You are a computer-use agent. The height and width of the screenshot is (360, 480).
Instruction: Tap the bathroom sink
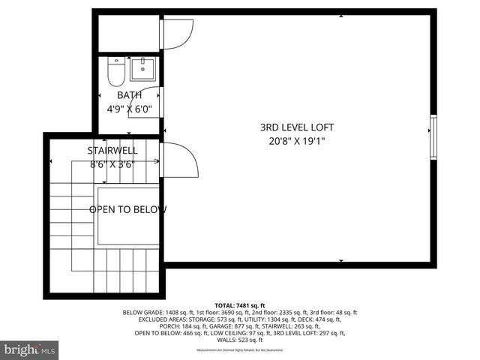[x=142, y=70]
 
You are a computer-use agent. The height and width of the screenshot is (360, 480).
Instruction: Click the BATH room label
[x=129, y=95]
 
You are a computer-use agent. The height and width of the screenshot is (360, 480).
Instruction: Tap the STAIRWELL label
[x=112, y=151]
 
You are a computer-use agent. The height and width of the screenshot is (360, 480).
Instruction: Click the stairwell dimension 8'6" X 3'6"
[x=112, y=163]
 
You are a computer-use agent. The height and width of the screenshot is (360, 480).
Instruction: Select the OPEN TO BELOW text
[x=127, y=209]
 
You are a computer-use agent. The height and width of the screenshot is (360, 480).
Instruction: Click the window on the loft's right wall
[x=432, y=136]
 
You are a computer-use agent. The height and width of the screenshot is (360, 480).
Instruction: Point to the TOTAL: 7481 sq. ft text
[x=239, y=305]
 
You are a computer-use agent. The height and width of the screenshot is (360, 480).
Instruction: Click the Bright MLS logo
[x=30, y=349]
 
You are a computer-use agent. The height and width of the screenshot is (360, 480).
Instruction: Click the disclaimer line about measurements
[x=240, y=350]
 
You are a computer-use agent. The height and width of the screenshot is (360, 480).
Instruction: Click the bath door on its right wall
[x=161, y=101]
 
